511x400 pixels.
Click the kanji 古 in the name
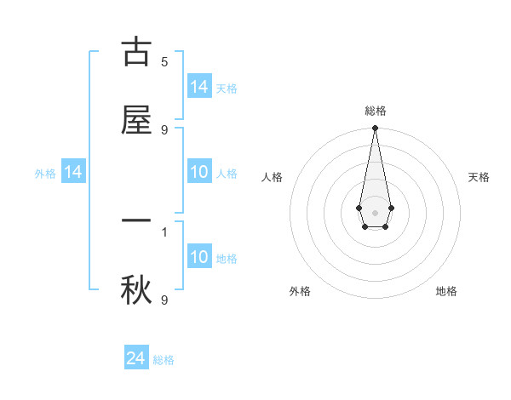pos(136,52)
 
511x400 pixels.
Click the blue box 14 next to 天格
pos(199,86)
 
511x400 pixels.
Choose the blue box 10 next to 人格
pos(199,172)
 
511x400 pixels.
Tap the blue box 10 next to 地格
pos(199,257)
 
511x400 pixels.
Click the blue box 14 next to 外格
pos(73,172)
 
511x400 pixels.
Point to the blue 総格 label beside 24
pos(164,360)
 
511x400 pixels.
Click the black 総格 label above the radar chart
pos(375,111)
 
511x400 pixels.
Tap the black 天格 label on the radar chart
pos(479,177)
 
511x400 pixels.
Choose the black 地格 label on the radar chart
pos(446,291)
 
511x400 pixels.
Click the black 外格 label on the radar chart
pos(300,291)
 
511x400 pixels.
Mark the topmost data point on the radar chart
pos(375,128)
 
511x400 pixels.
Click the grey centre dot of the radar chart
pos(375,211)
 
